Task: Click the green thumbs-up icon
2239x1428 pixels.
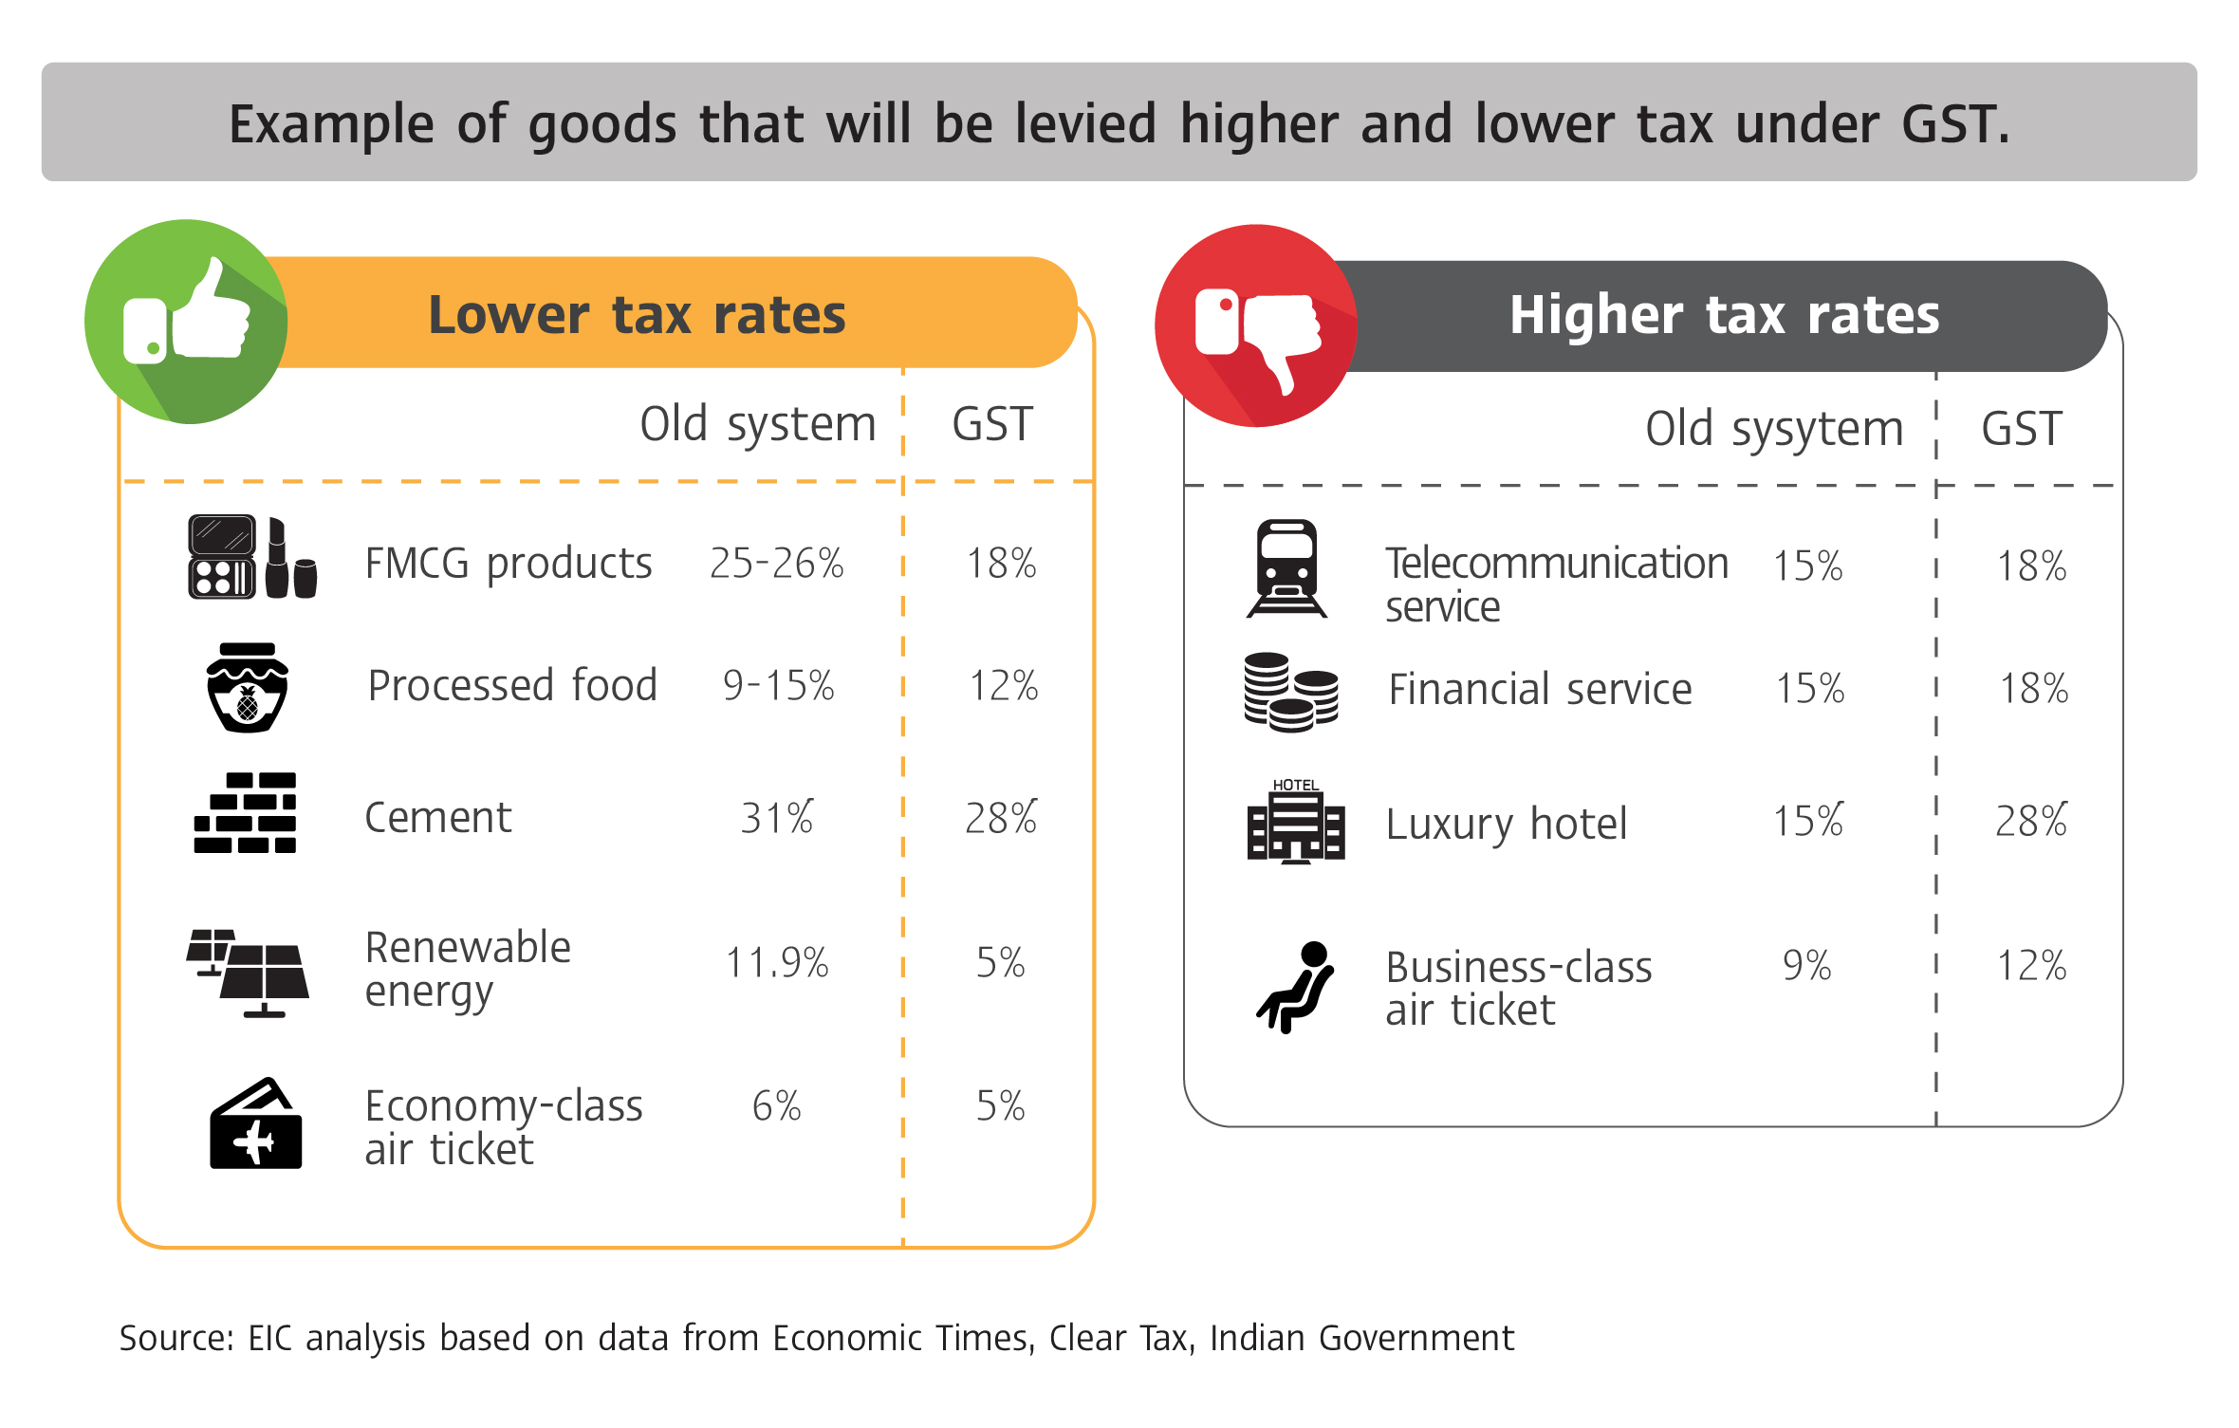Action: point(186,322)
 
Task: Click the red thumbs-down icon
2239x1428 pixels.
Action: point(1256,326)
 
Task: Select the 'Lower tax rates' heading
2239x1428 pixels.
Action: point(637,315)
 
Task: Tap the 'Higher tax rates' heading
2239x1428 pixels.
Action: point(1724,315)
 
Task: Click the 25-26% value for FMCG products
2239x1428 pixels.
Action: point(776,564)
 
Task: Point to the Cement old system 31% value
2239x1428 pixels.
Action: point(776,818)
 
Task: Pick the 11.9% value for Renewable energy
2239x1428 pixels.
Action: point(776,963)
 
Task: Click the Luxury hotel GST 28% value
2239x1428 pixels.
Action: point(2030,821)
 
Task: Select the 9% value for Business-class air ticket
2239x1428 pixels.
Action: point(1806,966)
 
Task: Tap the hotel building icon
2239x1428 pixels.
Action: point(1295,822)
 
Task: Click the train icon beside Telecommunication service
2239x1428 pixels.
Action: point(1286,568)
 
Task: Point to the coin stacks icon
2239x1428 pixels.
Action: point(1290,692)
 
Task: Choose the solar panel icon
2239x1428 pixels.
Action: point(249,973)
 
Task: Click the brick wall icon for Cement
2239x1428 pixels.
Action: point(246,813)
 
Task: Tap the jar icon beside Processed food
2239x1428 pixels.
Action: point(247,688)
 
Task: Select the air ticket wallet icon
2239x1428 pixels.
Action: point(255,1124)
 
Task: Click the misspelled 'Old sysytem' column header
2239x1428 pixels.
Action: point(1773,430)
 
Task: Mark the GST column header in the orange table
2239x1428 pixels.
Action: point(991,424)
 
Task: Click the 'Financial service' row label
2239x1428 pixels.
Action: point(1539,690)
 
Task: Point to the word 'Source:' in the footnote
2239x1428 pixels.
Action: point(176,1339)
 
